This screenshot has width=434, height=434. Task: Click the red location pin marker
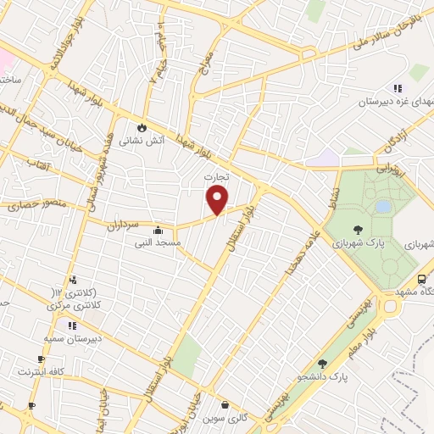point(218,200)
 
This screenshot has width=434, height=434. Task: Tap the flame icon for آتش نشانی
point(143,129)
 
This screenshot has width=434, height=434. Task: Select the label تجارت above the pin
point(218,175)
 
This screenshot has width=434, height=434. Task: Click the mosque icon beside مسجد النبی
point(158,230)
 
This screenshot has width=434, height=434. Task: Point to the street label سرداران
point(122,225)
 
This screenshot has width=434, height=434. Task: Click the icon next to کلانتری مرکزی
point(73,279)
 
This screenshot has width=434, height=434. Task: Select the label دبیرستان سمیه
point(74,338)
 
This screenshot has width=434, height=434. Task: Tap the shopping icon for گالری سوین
point(224,405)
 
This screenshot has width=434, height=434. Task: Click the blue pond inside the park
point(383,206)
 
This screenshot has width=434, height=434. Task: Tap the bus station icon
point(421,280)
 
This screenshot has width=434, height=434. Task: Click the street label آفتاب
point(40,160)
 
